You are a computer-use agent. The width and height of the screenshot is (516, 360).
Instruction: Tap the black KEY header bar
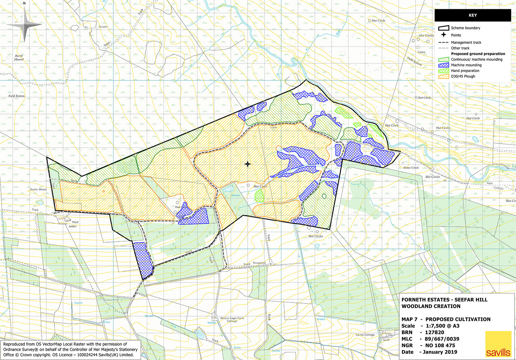pyautogui.click(x=473, y=15)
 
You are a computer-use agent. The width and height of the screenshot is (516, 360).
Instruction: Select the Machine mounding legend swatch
pyautogui.click(x=444, y=65)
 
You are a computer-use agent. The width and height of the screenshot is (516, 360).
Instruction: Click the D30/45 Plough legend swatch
pyautogui.click(x=444, y=76)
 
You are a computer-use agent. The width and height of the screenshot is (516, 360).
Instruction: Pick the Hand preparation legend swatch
pyautogui.click(x=444, y=71)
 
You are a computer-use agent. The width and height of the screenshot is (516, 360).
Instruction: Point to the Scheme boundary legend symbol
pyautogui.click(x=444, y=28)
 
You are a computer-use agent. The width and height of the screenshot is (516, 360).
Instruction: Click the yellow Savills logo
pyautogui.click(x=498, y=344)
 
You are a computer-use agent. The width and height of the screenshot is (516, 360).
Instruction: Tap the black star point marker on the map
pyautogui.click(x=248, y=164)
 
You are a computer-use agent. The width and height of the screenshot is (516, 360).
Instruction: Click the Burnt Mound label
pyautogui.click(x=19, y=58)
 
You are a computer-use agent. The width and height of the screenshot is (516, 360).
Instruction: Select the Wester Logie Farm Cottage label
pyautogui.click(x=232, y=320)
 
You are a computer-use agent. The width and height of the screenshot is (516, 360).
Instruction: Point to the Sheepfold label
pyautogui.click(x=259, y=263)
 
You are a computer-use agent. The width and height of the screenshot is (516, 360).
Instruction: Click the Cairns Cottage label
pyautogui.click(x=365, y=335)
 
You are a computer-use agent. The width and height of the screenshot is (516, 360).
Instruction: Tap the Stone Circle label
pyautogui.click(x=411, y=168)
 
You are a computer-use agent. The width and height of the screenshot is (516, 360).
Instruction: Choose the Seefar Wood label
pyautogui.click(x=38, y=189)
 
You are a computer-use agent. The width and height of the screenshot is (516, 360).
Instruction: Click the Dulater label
pyautogui.click(x=103, y=27)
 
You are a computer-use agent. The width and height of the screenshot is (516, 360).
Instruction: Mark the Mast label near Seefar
pyautogui.click(x=75, y=222)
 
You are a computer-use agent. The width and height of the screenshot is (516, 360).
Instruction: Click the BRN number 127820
pyautogui.click(x=434, y=332)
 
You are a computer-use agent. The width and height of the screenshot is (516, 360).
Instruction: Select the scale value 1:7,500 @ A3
pyautogui.click(x=442, y=326)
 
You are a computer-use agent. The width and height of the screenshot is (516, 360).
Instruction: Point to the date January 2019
pyautogui.click(x=440, y=352)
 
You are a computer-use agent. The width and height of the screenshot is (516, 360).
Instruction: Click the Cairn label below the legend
pyautogui.click(x=421, y=52)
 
